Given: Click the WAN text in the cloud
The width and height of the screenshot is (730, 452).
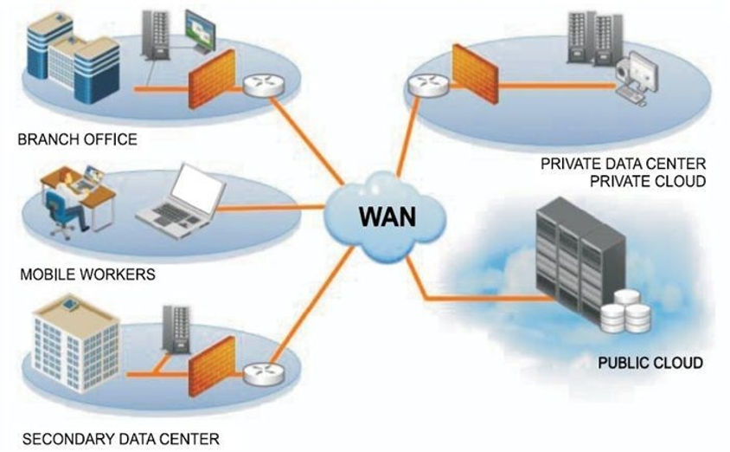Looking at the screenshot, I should click(x=385, y=214).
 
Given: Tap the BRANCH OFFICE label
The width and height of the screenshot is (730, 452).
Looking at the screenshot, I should click(x=78, y=139).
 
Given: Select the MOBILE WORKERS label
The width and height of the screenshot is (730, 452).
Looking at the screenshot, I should click(x=86, y=275).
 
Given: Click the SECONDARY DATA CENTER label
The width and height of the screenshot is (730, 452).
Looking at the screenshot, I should click(x=120, y=438).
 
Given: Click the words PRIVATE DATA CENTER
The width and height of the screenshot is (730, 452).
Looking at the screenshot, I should click(x=623, y=163).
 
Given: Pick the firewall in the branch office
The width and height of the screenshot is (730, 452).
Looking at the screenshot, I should click(x=212, y=79).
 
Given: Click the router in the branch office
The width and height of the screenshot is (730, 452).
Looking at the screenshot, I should click(x=257, y=86).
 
